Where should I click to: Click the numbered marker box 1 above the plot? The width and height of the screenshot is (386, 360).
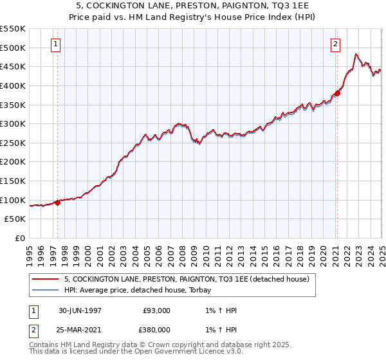coord(56,44)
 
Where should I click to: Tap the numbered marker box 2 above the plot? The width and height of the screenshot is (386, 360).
coord(336,44)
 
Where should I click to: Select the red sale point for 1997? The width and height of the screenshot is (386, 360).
coord(58,203)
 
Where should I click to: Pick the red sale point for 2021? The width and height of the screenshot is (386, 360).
coord(337,93)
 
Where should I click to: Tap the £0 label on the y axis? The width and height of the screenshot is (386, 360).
coord(19,238)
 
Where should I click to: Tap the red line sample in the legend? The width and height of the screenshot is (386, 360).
coord(44,279)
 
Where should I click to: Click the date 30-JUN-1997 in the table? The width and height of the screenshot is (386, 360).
coord(80,310)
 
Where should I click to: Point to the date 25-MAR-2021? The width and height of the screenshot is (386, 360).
coord(80,329)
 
